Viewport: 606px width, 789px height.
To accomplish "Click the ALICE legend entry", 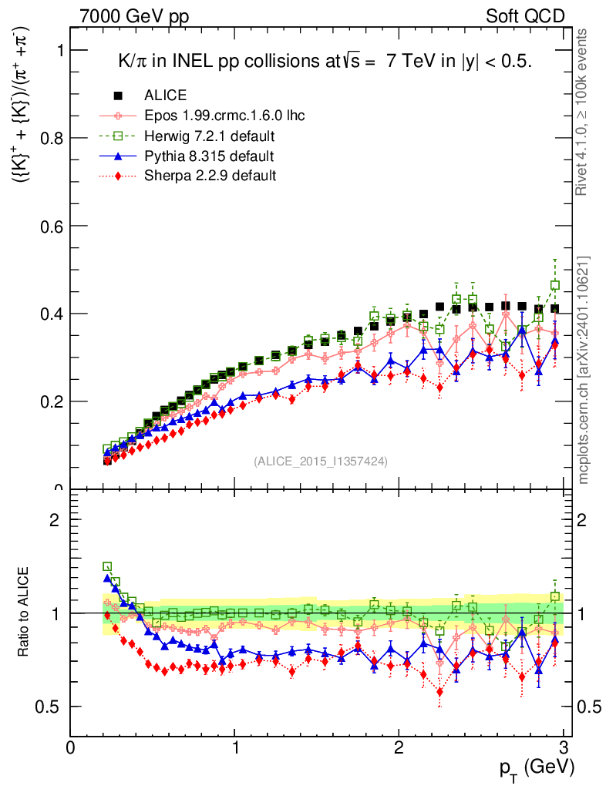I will [x=164, y=96].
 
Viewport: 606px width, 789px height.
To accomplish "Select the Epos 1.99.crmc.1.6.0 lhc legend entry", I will [x=224, y=116].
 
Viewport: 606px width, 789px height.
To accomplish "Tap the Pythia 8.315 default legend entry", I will [x=209, y=156].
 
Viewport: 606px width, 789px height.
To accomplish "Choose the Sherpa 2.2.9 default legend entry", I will [x=210, y=176].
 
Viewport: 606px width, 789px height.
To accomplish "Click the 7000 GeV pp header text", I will [x=134, y=16].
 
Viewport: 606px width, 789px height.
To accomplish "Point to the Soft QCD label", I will [x=525, y=16].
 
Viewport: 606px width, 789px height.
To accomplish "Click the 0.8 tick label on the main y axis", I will [x=51, y=138].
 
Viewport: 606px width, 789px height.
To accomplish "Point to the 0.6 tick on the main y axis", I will [x=51, y=226].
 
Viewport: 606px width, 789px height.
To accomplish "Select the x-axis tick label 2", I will [x=399, y=747].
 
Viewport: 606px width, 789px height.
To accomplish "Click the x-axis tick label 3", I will [x=564, y=747].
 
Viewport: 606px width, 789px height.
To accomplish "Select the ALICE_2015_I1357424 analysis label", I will [x=321, y=461].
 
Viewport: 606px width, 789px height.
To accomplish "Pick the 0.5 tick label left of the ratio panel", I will [x=51, y=707].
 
